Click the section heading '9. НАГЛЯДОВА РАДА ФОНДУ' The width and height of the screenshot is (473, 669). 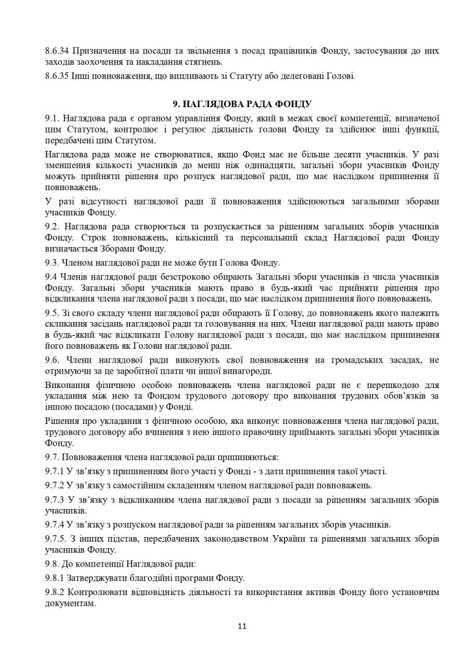pyautogui.click(x=236, y=104)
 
